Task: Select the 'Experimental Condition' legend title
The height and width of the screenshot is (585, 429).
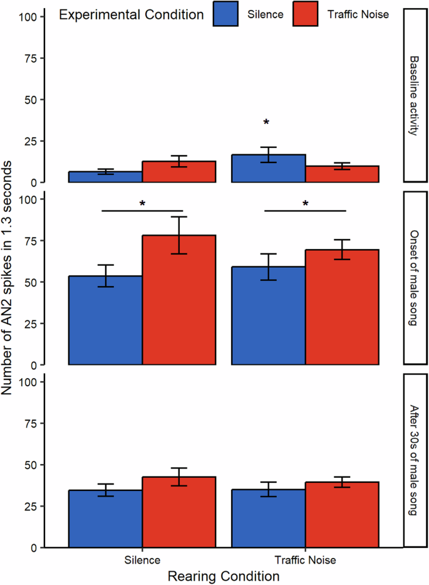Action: (131, 15)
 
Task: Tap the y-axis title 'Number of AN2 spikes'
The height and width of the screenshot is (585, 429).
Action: (8, 278)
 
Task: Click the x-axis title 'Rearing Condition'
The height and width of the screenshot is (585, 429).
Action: (224, 575)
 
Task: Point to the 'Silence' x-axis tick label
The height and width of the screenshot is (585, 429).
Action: (142, 560)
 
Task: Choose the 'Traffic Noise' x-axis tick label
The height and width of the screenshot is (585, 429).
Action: (306, 560)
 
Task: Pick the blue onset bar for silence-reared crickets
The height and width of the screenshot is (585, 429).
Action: (105, 320)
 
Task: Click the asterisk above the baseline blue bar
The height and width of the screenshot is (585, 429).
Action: (266, 122)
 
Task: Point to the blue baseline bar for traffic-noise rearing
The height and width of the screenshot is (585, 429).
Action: (269, 169)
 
